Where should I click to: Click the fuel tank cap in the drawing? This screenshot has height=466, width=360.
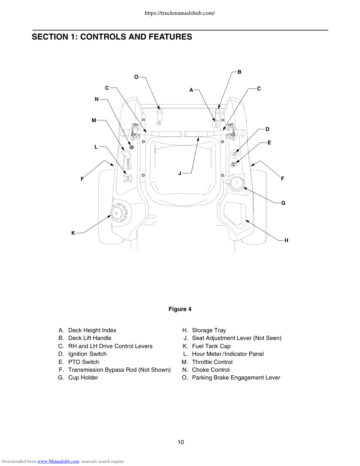click(x=119, y=213)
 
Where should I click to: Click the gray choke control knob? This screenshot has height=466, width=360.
click(x=132, y=147)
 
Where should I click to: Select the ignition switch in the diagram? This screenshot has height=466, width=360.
click(x=235, y=154)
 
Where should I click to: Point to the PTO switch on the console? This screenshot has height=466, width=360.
click(x=233, y=165)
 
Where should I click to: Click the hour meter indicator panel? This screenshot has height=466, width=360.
click(x=127, y=178)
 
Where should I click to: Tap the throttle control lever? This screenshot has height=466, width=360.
click(x=126, y=160)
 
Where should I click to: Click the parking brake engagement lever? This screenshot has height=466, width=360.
click(x=159, y=116)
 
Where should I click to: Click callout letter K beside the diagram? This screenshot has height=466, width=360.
click(x=73, y=233)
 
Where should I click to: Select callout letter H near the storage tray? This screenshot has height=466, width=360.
click(x=286, y=240)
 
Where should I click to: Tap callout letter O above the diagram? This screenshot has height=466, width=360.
click(x=136, y=77)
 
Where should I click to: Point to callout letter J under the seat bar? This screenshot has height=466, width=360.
click(x=180, y=173)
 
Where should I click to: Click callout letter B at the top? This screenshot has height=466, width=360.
click(x=240, y=72)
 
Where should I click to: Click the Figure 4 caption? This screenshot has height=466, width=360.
click(x=180, y=309)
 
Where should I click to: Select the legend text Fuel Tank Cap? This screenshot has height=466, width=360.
click(x=211, y=346)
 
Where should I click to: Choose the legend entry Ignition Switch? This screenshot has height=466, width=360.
click(x=87, y=354)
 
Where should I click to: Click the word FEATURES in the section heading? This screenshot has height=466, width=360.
click(x=170, y=37)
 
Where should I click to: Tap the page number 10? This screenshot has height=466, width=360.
click(x=181, y=442)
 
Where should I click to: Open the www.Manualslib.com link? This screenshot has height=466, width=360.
click(x=58, y=461)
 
